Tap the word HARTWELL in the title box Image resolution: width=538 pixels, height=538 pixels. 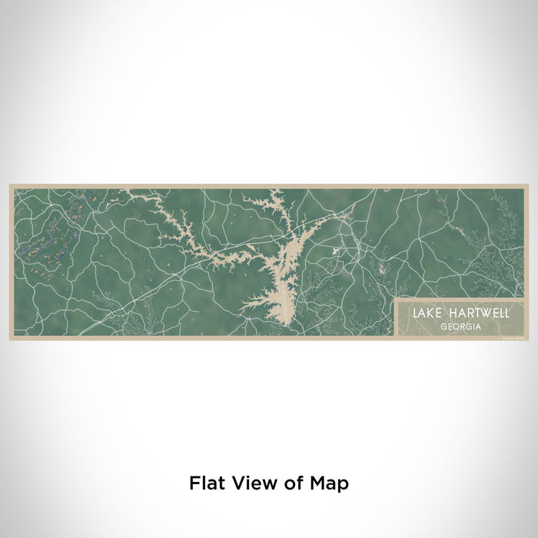(467, 314)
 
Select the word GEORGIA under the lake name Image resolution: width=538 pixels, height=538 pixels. (457, 326)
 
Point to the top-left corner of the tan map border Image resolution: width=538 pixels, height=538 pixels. (10, 185)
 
